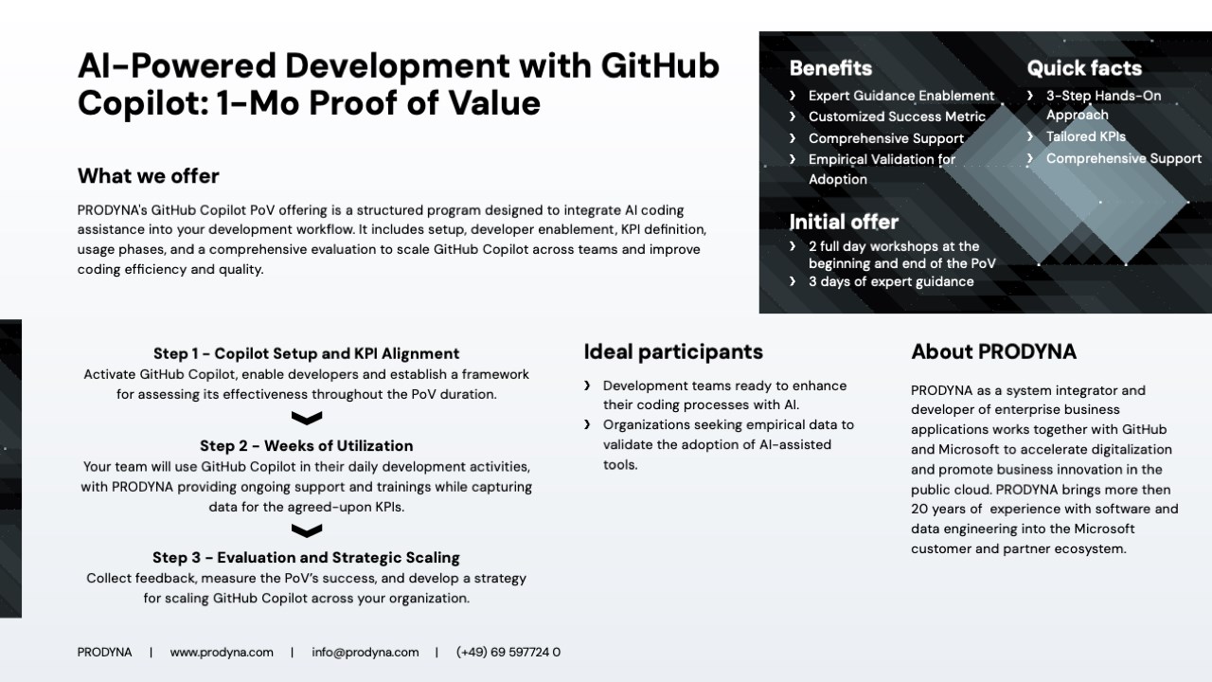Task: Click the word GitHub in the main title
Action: (x=660, y=65)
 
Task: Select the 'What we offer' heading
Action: (x=149, y=176)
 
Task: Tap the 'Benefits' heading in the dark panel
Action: (x=830, y=68)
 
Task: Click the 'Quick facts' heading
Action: (x=1084, y=68)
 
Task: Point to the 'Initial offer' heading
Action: (x=844, y=222)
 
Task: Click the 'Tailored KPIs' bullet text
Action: (x=1085, y=136)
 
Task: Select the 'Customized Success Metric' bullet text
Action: (x=897, y=117)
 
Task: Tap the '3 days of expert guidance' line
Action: (x=891, y=281)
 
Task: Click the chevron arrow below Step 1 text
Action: (x=307, y=418)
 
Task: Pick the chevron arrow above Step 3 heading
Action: (x=307, y=530)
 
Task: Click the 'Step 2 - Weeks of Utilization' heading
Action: (x=306, y=446)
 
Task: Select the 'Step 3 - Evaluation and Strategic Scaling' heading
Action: (x=306, y=558)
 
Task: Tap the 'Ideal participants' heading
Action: (x=673, y=351)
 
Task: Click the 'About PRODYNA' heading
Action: (x=994, y=351)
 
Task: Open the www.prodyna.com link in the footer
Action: (x=222, y=653)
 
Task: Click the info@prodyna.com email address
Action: (x=365, y=653)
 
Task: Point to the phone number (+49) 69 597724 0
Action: (x=508, y=653)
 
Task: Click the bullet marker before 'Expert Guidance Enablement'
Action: (x=793, y=96)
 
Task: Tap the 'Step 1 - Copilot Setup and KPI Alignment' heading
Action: (x=306, y=353)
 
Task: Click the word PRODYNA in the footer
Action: (x=104, y=653)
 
